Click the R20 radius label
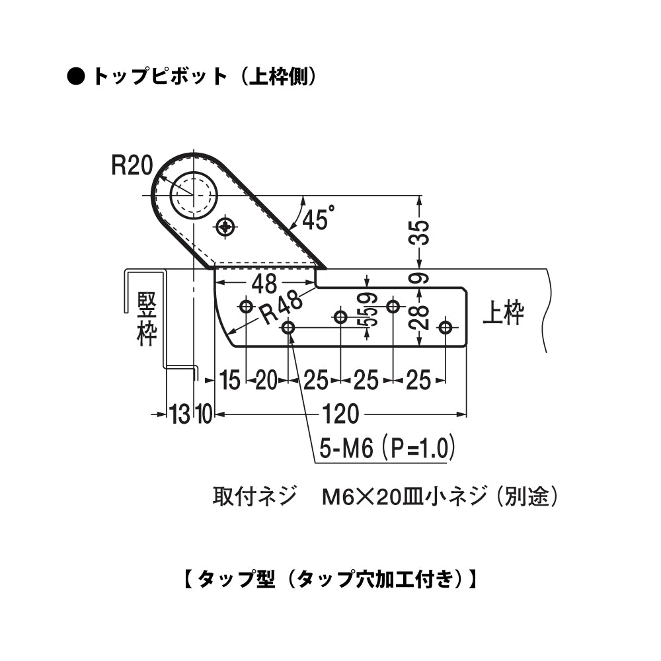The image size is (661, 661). pos(132,165)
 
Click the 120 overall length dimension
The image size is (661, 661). pos(341,414)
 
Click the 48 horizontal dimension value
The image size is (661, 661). pos(264,284)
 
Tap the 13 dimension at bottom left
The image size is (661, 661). pos(179,415)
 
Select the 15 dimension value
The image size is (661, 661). pos(229,380)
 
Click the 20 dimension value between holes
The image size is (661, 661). pos(266,380)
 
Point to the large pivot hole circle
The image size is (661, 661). pos(193,195)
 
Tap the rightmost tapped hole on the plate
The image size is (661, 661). pos(446,327)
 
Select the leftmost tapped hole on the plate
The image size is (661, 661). pos(246,307)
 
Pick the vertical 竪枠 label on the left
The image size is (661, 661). pos(146,319)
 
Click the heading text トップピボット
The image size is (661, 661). pos(159,77)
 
